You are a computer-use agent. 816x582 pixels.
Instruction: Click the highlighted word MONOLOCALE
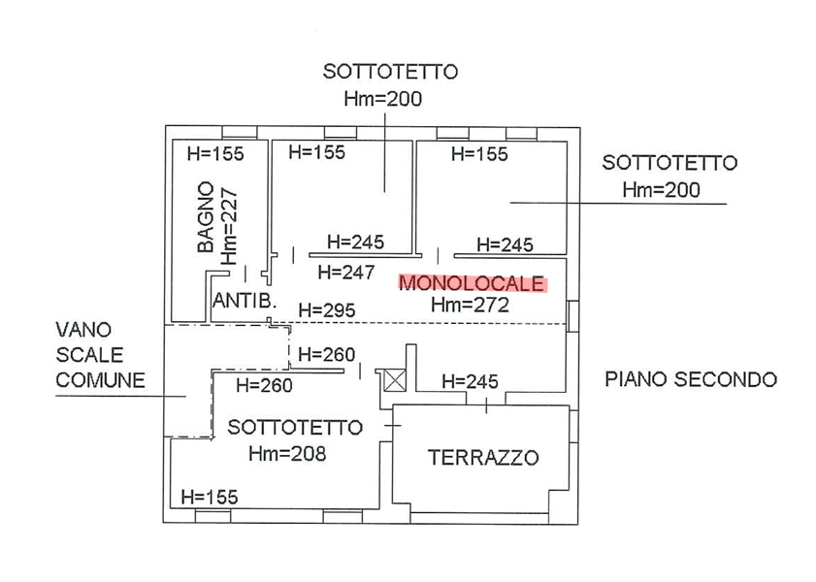[473, 284]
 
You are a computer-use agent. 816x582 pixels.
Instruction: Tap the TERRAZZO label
[483, 458]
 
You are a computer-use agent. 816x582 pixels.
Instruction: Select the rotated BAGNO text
[206, 217]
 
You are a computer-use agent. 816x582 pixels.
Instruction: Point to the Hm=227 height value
[229, 226]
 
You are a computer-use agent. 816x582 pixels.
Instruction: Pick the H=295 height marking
[327, 310]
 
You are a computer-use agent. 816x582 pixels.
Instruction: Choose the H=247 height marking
[346, 273]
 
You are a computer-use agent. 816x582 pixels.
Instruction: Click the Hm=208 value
[287, 453]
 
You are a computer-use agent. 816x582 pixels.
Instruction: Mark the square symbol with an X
[394, 379]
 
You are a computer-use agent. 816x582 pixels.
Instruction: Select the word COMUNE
[101, 379]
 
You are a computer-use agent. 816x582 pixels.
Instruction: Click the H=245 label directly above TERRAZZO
[470, 382]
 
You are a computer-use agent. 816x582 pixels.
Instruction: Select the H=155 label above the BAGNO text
[215, 153]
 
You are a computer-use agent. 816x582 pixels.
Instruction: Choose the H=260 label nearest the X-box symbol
[327, 355]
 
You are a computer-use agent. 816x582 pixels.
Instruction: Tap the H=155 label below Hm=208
[209, 498]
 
